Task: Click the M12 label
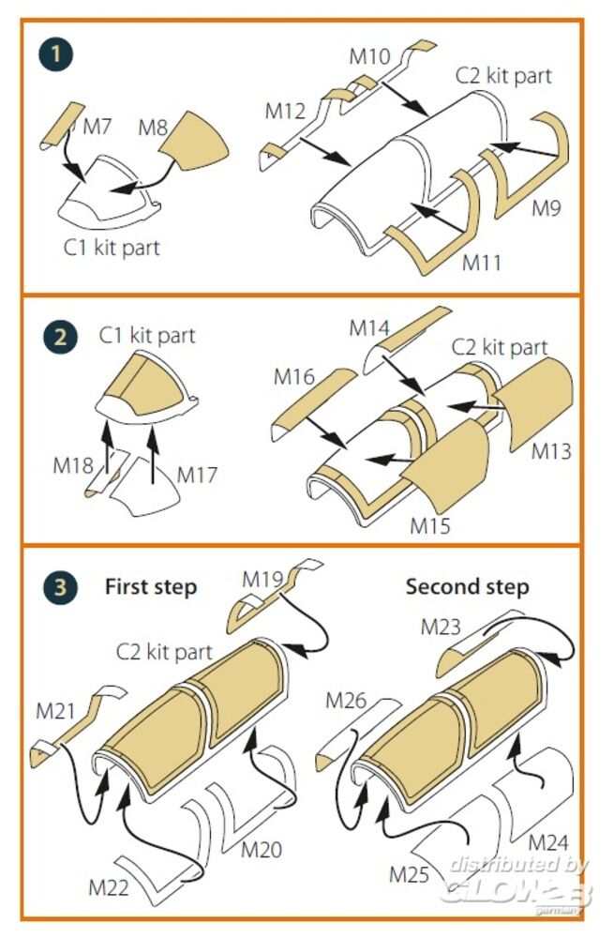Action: [285, 111]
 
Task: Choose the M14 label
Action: [369, 328]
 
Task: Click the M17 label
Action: [197, 476]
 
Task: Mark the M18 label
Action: [73, 466]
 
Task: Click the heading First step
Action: [151, 587]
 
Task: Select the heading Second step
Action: [467, 587]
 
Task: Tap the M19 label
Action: [263, 579]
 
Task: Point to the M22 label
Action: [110, 886]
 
